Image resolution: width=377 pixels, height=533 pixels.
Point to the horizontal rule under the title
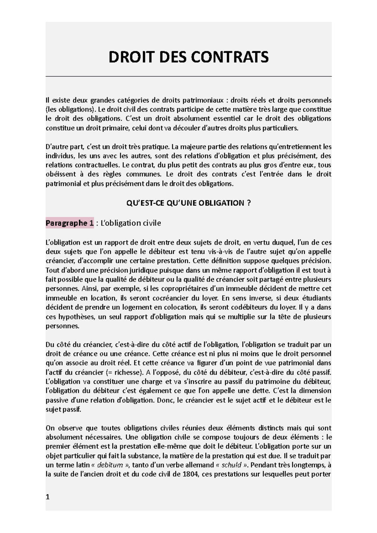(x=188, y=76)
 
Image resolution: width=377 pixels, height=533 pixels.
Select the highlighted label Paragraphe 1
(x=69, y=223)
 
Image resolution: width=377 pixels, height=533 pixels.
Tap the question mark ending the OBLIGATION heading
(x=249, y=203)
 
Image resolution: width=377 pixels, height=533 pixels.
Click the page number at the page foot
(x=47, y=497)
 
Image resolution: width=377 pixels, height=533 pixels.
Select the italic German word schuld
(x=231, y=465)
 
